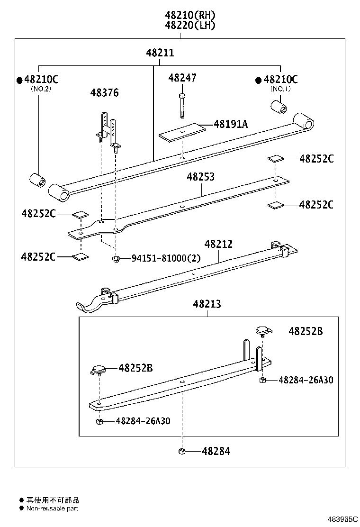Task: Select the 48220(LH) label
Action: [x=190, y=26]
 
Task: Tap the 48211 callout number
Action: [x=160, y=53]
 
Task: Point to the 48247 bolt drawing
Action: [x=182, y=105]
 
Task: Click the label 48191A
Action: [x=231, y=124]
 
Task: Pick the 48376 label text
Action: [x=104, y=93]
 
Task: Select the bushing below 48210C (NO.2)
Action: [x=37, y=181]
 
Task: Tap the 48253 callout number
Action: [x=200, y=177]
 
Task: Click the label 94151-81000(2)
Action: [x=166, y=258]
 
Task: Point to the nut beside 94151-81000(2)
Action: [x=115, y=258]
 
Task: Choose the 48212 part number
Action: [x=218, y=244]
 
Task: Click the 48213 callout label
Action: [x=207, y=304]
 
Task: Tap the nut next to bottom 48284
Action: [x=181, y=451]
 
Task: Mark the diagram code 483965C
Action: [x=341, y=519]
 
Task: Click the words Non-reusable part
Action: [x=52, y=509]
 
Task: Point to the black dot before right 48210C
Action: [x=258, y=80]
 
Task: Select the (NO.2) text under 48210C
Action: [x=41, y=89]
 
